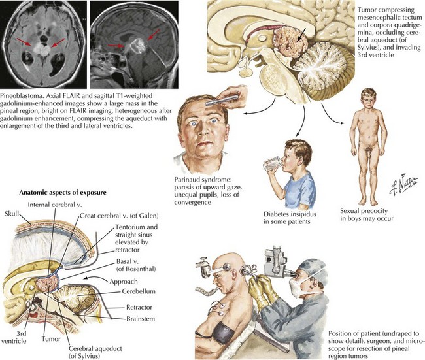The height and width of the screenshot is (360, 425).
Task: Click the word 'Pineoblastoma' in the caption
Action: pyautogui.click(x=22, y=94)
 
